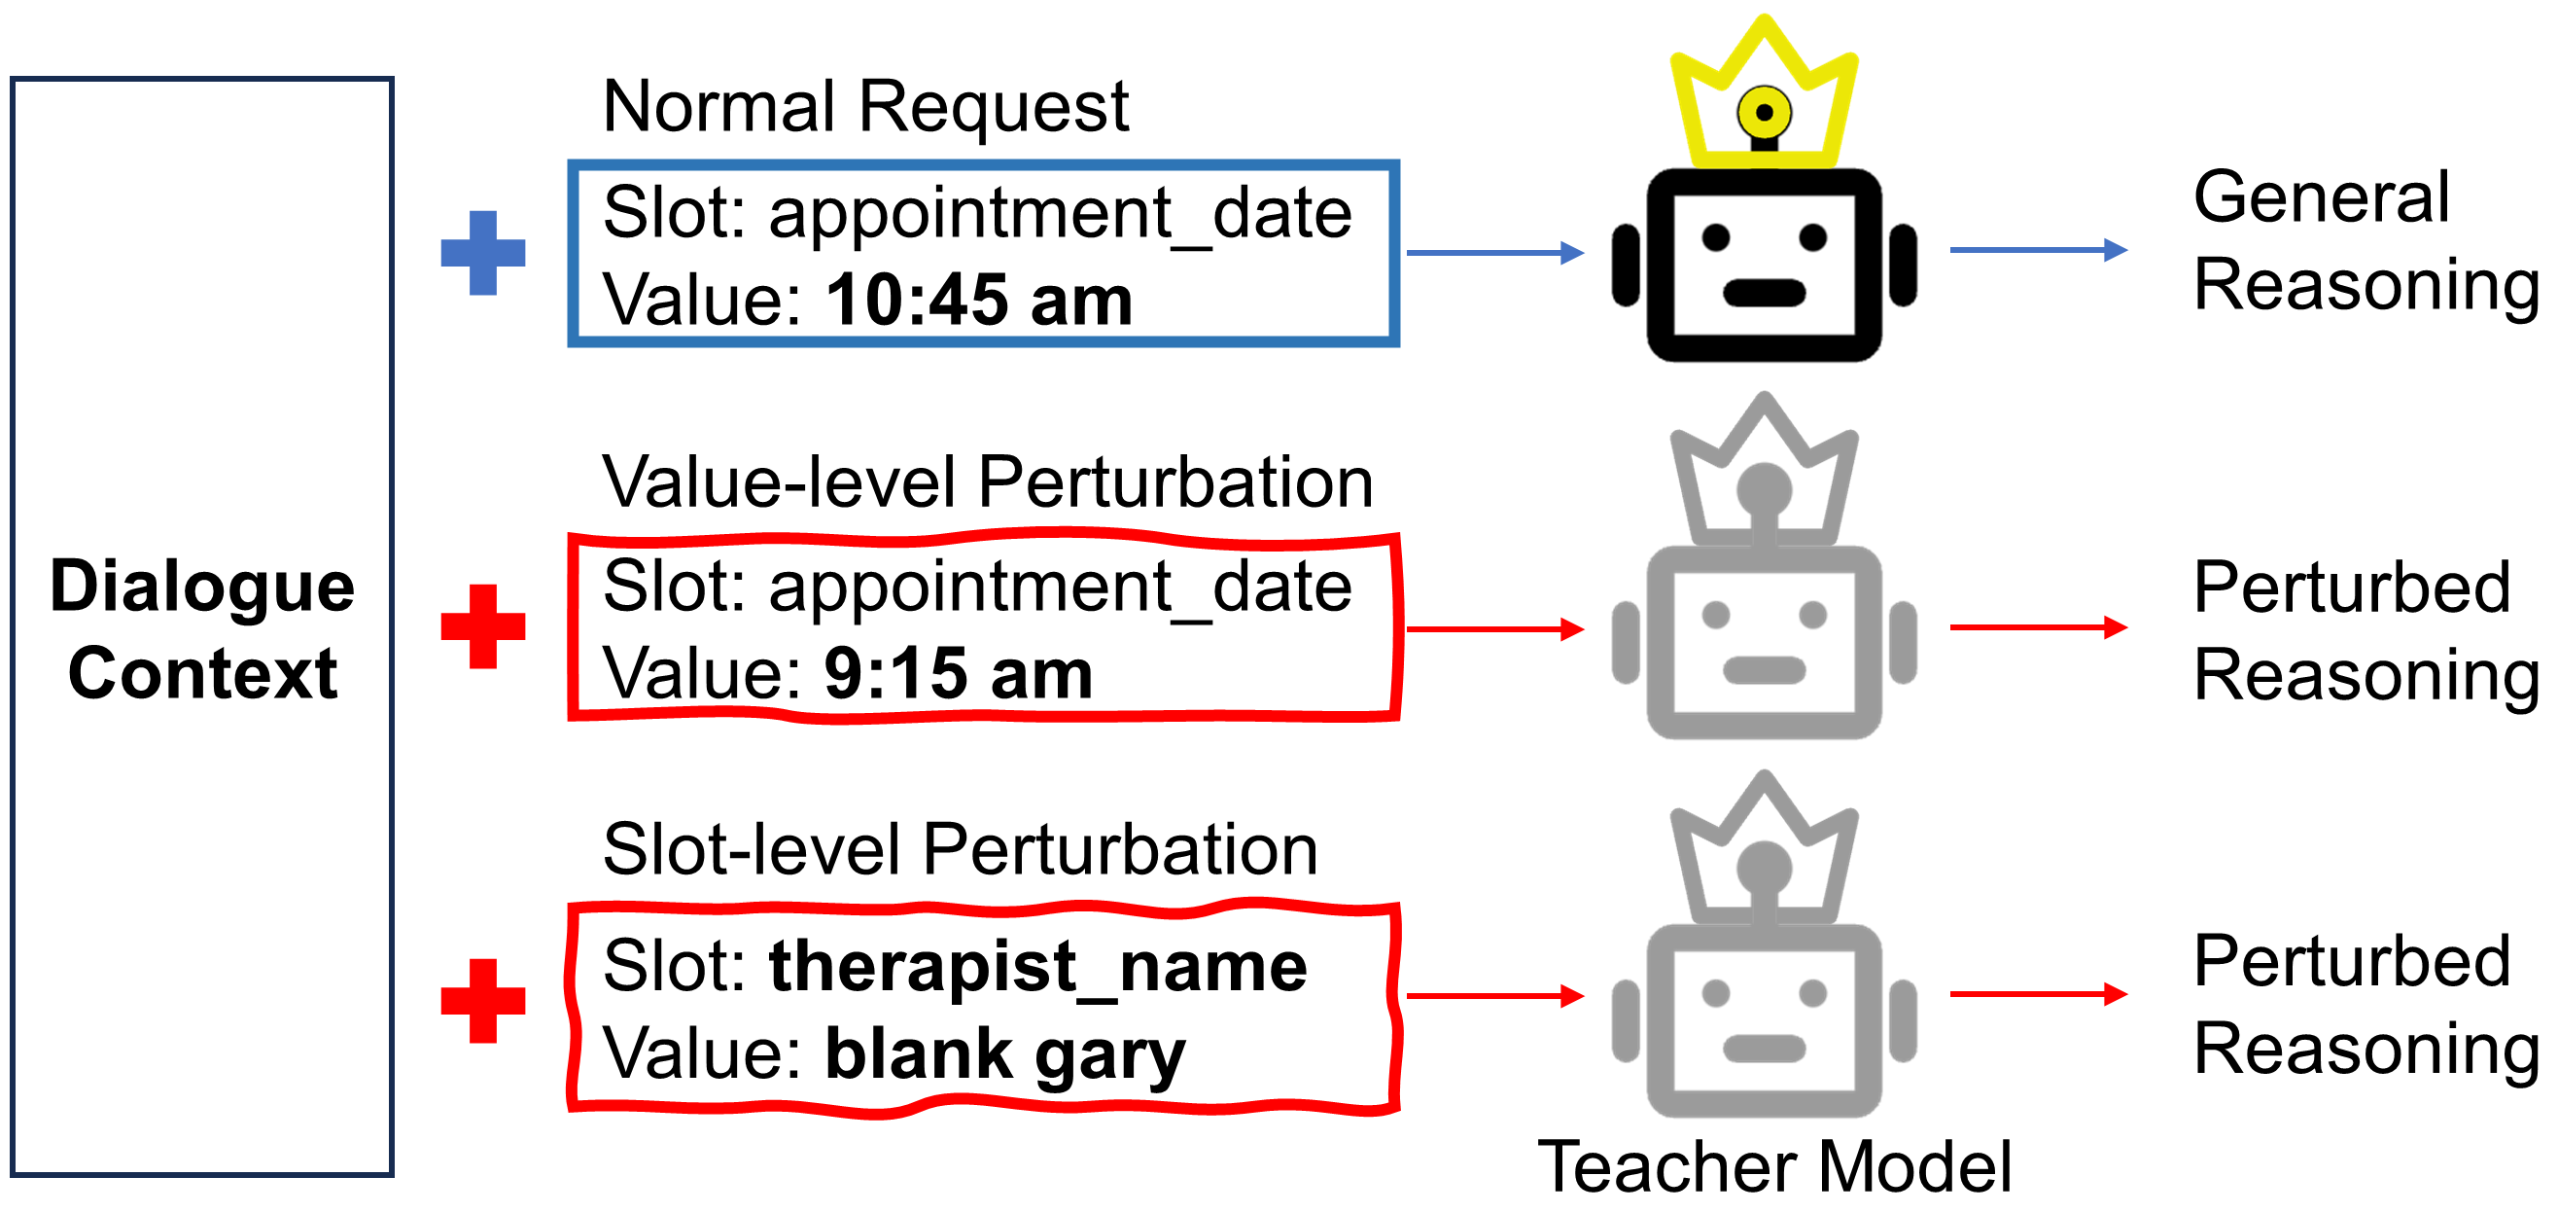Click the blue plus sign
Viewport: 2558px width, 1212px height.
tap(482, 252)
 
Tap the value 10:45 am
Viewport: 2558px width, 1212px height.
tap(979, 300)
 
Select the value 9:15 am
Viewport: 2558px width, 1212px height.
tap(959, 673)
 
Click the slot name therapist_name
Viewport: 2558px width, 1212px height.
tap(1037, 966)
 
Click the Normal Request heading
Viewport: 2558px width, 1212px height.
tap(865, 106)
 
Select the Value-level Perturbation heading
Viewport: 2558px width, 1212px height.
tap(987, 482)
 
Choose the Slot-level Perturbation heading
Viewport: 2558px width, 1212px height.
tap(960, 850)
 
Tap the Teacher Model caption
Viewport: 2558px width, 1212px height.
tap(1773, 1166)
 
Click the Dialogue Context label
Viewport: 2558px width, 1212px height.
tap(202, 630)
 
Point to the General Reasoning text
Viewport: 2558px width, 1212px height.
tap(2364, 240)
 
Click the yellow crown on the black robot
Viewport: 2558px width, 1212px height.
tap(1764, 94)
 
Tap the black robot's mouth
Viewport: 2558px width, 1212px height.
tap(1764, 293)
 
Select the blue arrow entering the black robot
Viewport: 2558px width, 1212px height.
tap(1494, 253)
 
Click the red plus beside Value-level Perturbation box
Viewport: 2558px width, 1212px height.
tap(482, 625)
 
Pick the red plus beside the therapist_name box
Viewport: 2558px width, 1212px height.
tap(482, 1000)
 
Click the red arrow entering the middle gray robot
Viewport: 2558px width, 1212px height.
tap(1494, 628)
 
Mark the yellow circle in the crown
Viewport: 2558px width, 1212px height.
tap(1764, 112)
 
